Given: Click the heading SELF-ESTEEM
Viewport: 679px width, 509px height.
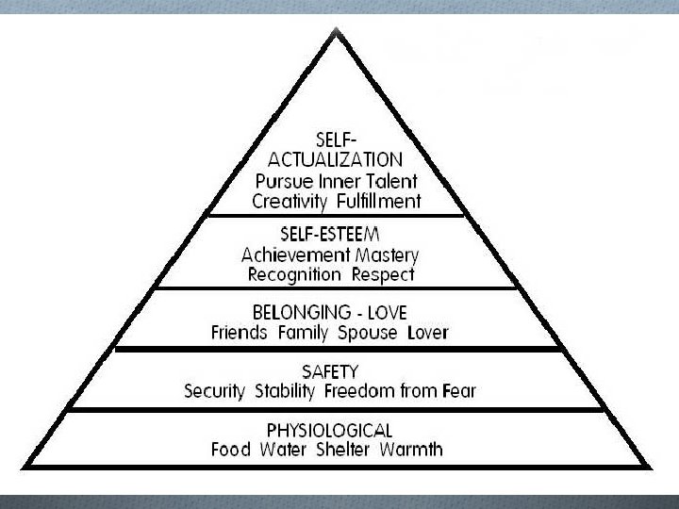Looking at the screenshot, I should (x=338, y=234).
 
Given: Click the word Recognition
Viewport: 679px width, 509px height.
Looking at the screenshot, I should (x=295, y=275).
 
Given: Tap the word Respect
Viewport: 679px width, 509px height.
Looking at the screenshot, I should (x=384, y=275).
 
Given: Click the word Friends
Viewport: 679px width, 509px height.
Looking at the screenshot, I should (x=240, y=332).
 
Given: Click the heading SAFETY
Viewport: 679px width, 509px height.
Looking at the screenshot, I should (x=337, y=370).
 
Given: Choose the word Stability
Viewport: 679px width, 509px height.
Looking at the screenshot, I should (x=284, y=391).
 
